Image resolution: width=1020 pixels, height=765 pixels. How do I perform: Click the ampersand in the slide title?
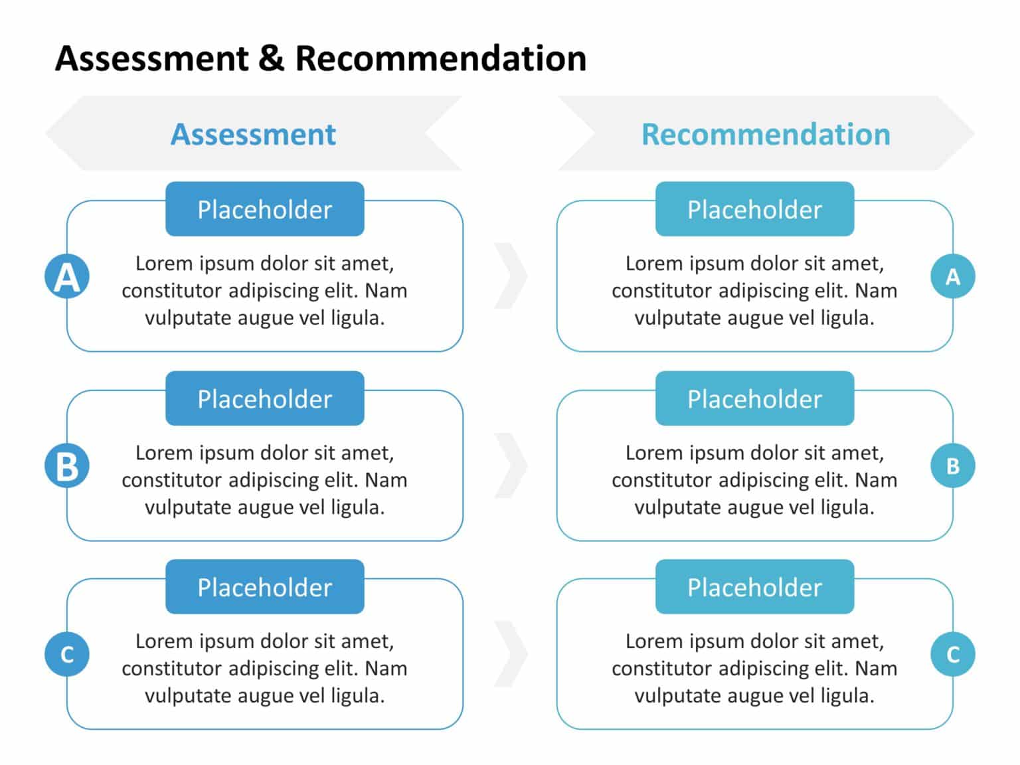click(272, 58)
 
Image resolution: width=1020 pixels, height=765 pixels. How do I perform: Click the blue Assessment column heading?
click(253, 134)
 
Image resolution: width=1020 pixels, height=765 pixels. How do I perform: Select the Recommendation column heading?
click(766, 134)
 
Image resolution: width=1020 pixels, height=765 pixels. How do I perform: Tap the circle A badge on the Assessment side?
click(67, 276)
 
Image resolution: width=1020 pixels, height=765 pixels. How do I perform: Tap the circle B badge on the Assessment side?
click(67, 466)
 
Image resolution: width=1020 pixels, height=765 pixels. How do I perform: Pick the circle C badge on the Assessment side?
click(67, 655)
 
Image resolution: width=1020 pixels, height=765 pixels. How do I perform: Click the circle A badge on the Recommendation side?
click(953, 276)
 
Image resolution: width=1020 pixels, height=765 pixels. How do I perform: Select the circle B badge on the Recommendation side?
click(953, 466)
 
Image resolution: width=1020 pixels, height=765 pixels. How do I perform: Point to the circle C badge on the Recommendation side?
click(953, 655)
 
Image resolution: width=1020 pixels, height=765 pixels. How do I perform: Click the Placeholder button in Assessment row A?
click(265, 209)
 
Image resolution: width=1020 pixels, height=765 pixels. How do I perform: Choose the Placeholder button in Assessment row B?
click(265, 398)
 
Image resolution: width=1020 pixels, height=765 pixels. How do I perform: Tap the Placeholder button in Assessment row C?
click(265, 587)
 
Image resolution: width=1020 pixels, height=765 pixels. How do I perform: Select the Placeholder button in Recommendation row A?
click(754, 209)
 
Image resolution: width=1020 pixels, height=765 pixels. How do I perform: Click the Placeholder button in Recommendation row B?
click(754, 398)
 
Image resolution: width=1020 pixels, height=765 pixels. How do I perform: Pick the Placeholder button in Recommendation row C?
click(754, 587)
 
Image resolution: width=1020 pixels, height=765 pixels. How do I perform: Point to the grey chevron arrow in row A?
click(516, 276)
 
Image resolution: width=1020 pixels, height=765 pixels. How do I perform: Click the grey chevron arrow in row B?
click(516, 466)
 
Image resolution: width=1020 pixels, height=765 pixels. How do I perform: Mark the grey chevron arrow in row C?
click(516, 653)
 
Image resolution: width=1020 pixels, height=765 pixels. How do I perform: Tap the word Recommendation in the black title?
click(441, 58)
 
